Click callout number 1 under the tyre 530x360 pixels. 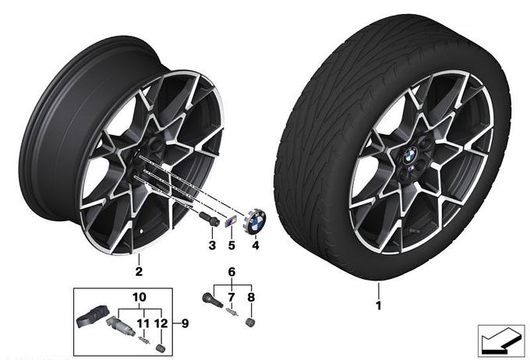(x=378, y=305)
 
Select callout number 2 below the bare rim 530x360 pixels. (x=139, y=271)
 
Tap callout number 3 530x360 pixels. (x=212, y=245)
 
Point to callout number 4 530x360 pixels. (x=256, y=245)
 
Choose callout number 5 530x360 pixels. (x=231, y=245)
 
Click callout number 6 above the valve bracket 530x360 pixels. (x=231, y=271)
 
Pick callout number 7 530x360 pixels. (x=231, y=298)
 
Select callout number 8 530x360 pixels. (x=251, y=298)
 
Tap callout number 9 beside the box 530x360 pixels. (x=185, y=323)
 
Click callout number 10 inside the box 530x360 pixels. (x=140, y=298)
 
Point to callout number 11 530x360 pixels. (x=143, y=323)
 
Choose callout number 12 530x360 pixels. (x=161, y=323)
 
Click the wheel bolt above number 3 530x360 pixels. (x=210, y=218)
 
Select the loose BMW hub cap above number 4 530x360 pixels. (x=255, y=221)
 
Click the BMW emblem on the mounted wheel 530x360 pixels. (x=411, y=156)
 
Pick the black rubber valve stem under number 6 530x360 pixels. (x=212, y=300)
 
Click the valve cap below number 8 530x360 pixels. (x=250, y=322)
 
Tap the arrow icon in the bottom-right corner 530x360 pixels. (x=501, y=341)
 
